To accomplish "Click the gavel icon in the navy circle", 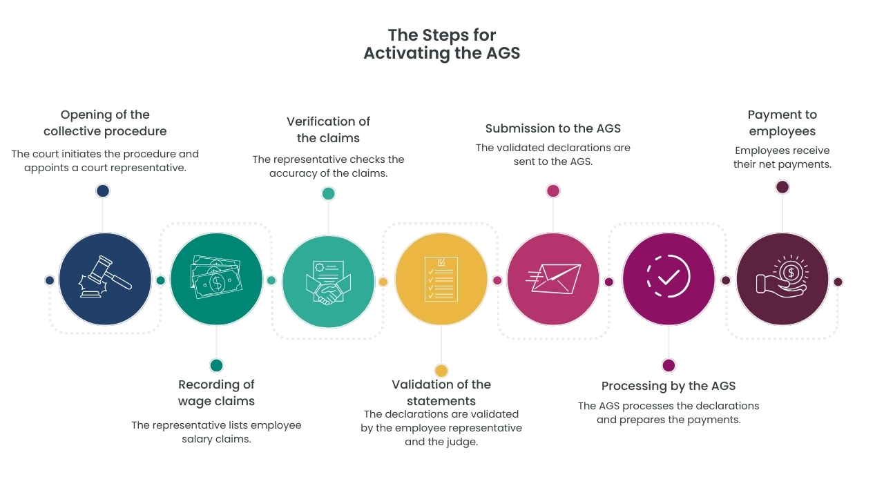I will tap(105, 278).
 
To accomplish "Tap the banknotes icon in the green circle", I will tap(216, 278).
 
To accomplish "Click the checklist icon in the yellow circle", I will tap(441, 279).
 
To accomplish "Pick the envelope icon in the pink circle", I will tap(553, 279).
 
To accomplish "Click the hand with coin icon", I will tap(782, 279).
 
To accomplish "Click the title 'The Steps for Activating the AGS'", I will tap(442, 44).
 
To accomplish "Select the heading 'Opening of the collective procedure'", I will tap(105, 123).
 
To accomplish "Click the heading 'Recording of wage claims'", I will tap(216, 393).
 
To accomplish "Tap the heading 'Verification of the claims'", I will tap(328, 130).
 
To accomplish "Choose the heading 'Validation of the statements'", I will tap(441, 393).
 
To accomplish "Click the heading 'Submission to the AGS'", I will tap(553, 128).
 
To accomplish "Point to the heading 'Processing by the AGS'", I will tap(669, 386).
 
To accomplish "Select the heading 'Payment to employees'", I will tap(782, 123).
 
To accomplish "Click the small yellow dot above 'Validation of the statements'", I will tap(441, 371).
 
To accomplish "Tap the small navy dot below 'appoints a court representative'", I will tap(103, 191).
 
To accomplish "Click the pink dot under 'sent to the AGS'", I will tap(553, 191).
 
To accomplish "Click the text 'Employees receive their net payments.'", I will tap(782, 157).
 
